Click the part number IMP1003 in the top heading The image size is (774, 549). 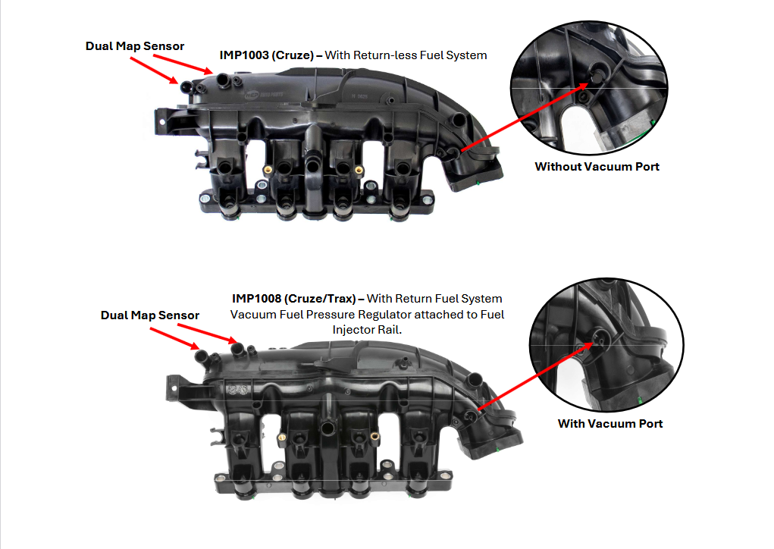click(244, 55)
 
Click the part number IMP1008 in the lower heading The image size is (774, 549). click(257, 298)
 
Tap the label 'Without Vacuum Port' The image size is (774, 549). click(597, 166)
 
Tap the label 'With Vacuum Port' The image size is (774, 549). click(610, 424)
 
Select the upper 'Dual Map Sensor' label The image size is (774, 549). click(135, 46)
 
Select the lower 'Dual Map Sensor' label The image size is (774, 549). click(150, 315)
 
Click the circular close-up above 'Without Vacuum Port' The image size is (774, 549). click(589, 88)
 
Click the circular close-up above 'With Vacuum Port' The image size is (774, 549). click(606, 344)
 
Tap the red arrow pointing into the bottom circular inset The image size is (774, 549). click(535, 376)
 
